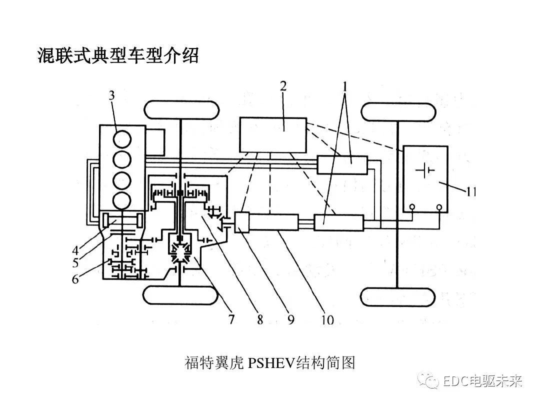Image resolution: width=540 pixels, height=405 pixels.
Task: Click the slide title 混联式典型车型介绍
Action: (118, 55)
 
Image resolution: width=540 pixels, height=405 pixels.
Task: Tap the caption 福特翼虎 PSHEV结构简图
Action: (270, 362)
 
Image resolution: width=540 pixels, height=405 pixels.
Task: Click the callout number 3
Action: (112, 95)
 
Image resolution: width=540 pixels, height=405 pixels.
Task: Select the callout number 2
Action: (283, 85)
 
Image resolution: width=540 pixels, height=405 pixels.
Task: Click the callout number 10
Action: (327, 319)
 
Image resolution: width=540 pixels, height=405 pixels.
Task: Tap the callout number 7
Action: (231, 319)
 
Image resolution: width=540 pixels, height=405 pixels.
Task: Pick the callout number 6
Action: (75, 279)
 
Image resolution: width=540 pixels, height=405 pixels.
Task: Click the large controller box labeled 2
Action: (273, 134)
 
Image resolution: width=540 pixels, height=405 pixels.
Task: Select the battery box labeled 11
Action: (425, 178)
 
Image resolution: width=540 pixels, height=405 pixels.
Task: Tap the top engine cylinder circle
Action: (121, 138)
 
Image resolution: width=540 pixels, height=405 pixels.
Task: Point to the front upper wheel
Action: (181, 109)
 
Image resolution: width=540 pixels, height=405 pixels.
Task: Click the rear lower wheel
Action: (398, 296)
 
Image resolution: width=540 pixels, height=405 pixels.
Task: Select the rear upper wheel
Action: (398, 111)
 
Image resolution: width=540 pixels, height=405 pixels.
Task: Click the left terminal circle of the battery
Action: (412, 206)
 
